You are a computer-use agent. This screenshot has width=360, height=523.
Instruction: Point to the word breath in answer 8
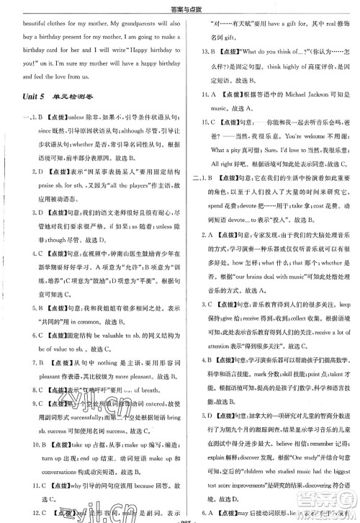[138, 411]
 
